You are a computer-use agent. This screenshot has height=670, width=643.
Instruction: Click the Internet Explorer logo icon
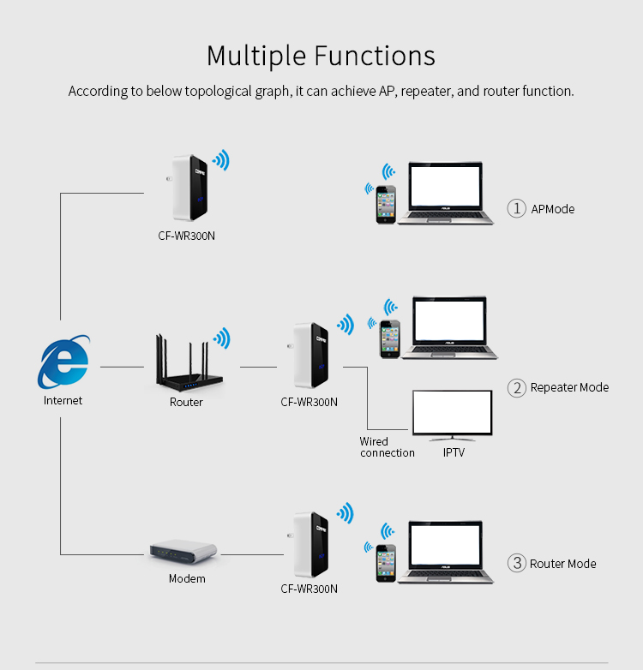pos(63,362)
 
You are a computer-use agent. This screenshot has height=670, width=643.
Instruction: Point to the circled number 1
pos(516,208)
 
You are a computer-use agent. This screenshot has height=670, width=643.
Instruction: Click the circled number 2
pos(516,387)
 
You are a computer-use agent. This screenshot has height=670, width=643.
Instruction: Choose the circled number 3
pos(516,563)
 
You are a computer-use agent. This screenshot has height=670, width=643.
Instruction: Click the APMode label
pos(553,209)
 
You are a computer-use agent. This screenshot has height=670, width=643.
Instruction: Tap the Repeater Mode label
pos(569,387)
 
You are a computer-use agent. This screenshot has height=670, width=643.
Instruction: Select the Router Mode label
pos(562,564)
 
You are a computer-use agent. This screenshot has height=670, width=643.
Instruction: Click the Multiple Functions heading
pos(321,56)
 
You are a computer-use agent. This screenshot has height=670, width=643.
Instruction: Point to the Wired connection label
pos(387,447)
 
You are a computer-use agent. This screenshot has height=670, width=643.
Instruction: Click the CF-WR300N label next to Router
pos(309,402)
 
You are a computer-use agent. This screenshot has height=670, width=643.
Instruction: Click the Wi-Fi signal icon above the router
pos(221,337)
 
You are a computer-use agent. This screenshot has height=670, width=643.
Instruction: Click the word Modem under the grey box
pos(187,579)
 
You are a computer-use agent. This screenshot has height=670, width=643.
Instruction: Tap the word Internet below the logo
pos(63,400)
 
